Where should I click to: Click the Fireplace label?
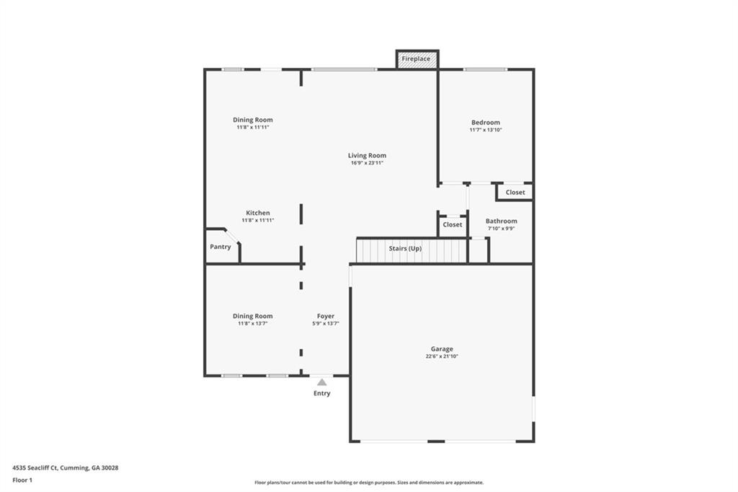click(x=416, y=59)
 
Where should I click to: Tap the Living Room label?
click(x=367, y=156)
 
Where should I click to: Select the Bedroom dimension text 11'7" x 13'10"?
click(x=486, y=130)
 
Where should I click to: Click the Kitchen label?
click(x=258, y=213)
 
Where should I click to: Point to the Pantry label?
click(x=221, y=247)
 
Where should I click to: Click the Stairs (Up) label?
click(x=405, y=248)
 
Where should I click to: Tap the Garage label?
click(x=442, y=349)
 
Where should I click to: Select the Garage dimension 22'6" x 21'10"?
click(x=442, y=357)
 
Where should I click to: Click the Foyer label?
click(x=326, y=316)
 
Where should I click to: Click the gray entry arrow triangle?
click(x=322, y=382)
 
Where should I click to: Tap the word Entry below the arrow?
click(x=322, y=393)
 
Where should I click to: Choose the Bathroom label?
click(x=502, y=221)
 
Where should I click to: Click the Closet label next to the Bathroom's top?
click(x=515, y=193)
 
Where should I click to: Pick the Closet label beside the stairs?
click(x=453, y=225)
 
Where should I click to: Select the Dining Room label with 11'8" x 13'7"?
click(x=253, y=316)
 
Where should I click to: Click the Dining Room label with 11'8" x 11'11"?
click(x=253, y=120)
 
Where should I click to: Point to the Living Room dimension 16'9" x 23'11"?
click(x=367, y=163)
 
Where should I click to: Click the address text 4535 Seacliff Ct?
click(x=35, y=468)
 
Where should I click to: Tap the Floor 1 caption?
click(x=22, y=480)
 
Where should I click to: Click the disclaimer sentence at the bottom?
click(x=369, y=483)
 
